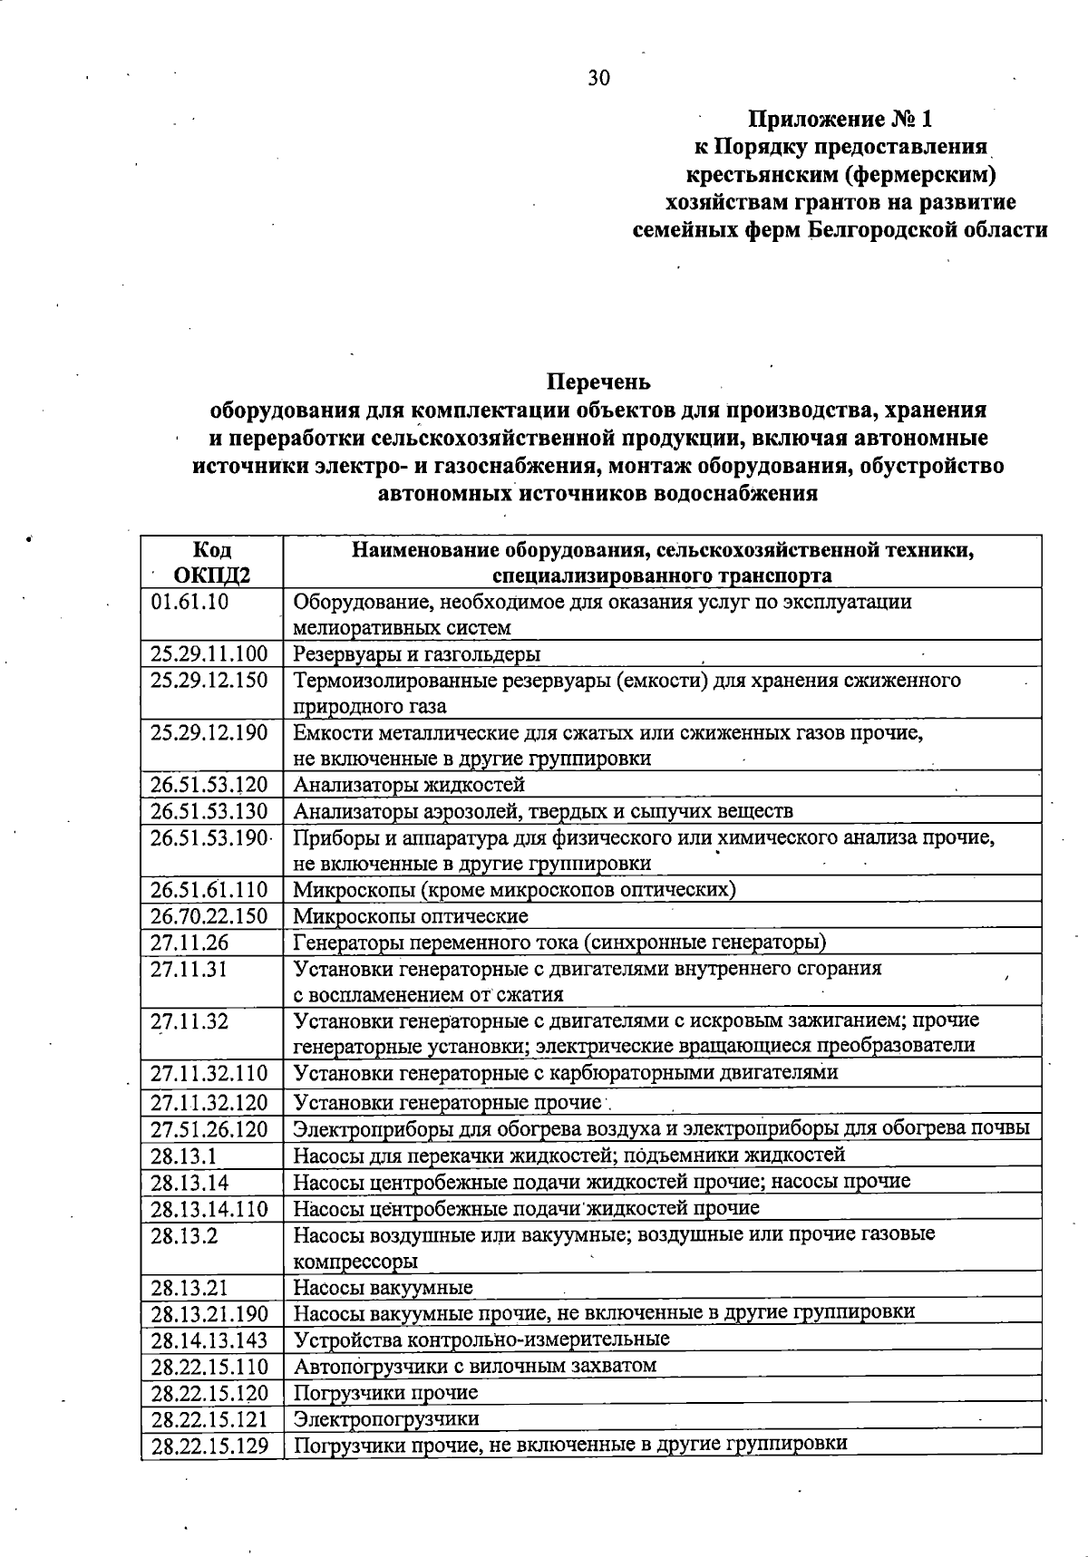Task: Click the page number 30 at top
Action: click(x=599, y=78)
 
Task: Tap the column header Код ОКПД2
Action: click(x=212, y=562)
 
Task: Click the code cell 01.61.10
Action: click(x=189, y=602)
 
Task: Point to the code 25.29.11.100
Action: click(x=209, y=653)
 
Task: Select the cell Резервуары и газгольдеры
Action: click(x=417, y=653)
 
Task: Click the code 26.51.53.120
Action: click(x=209, y=784)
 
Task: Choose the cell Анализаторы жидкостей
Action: click(x=409, y=784)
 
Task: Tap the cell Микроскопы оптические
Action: click(x=411, y=916)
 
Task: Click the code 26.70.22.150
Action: click(x=209, y=916)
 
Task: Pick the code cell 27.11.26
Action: click(x=189, y=943)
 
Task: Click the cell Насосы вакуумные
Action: click(x=383, y=1287)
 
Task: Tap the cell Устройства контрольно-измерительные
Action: click(x=481, y=1339)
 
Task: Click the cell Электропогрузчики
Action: click(x=386, y=1418)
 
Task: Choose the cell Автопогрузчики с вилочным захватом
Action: click(x=475, y=1365)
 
